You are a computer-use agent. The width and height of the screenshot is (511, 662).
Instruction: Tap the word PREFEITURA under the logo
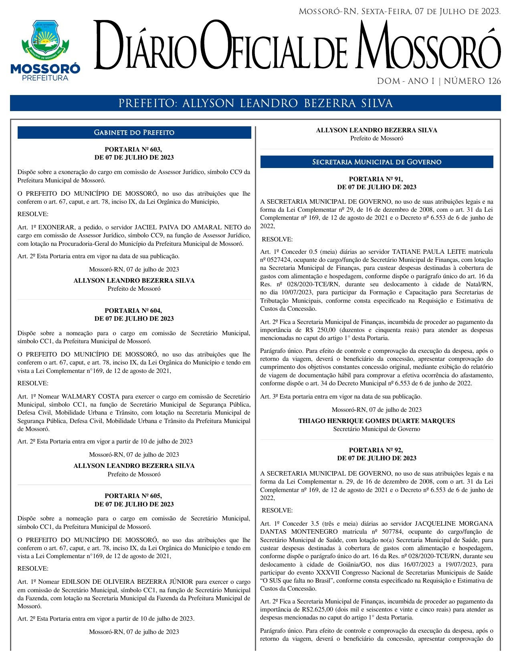point(45,78)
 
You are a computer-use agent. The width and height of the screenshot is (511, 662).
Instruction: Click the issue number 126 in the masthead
point(494,81)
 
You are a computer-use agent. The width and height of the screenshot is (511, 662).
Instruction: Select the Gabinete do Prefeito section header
point(134,133)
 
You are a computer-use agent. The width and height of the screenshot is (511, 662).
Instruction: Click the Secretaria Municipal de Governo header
point(376,162)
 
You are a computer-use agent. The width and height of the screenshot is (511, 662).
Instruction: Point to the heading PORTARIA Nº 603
point(133,150)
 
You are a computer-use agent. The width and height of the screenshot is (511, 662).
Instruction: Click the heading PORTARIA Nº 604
point(133,311)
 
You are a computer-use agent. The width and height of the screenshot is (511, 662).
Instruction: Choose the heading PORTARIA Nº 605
point(133,496)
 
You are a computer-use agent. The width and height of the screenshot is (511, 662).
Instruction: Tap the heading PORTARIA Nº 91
point(376,179)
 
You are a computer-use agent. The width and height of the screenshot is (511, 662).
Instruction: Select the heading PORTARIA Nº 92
point(376,450)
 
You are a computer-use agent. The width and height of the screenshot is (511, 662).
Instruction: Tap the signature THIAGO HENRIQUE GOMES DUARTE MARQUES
point(376,421)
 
